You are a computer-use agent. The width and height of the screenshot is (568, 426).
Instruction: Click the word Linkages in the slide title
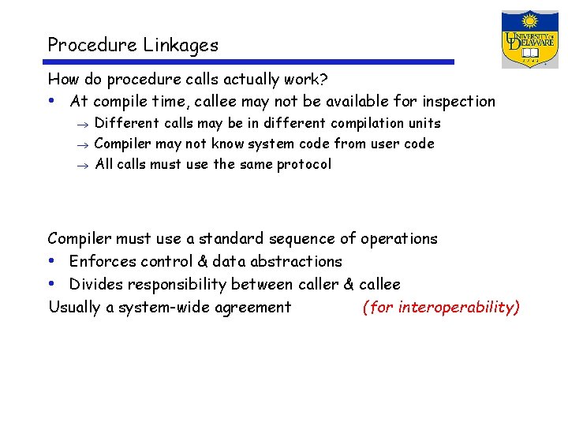(x=181, y=46)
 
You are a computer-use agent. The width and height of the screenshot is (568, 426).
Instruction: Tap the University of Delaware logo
(x=529, y=39)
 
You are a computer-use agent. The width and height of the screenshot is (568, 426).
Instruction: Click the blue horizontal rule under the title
(x=251, y=62)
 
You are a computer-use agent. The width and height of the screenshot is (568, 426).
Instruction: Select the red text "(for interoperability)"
(x=441, y=307)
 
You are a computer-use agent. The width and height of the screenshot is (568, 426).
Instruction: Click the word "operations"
(x=398, y=238)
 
